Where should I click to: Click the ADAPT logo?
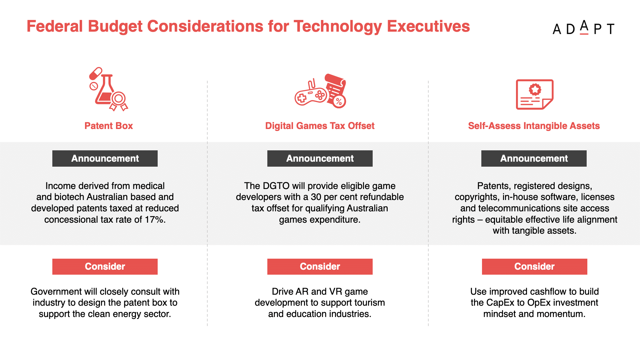click(583, 28)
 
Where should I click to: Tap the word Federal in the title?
click(55, 26)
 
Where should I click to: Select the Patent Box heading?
click(109, 126)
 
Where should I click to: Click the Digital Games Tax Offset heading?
click(320, 126)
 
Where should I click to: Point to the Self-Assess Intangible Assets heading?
click(534, 126)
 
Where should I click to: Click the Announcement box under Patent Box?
click(105, 158)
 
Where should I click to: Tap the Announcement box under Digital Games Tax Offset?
click(320, 158)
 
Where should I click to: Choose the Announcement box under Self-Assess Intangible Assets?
click(534, 158)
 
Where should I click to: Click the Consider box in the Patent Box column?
click(105, 267)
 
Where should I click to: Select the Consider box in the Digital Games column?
click(320, 267)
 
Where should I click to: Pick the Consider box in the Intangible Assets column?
click(535, 267)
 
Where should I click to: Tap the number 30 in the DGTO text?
click(316, 197)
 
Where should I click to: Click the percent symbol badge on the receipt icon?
click(339, 101)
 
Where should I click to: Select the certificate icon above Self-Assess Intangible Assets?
click(535, 94)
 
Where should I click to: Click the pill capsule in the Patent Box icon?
click(96, 73)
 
